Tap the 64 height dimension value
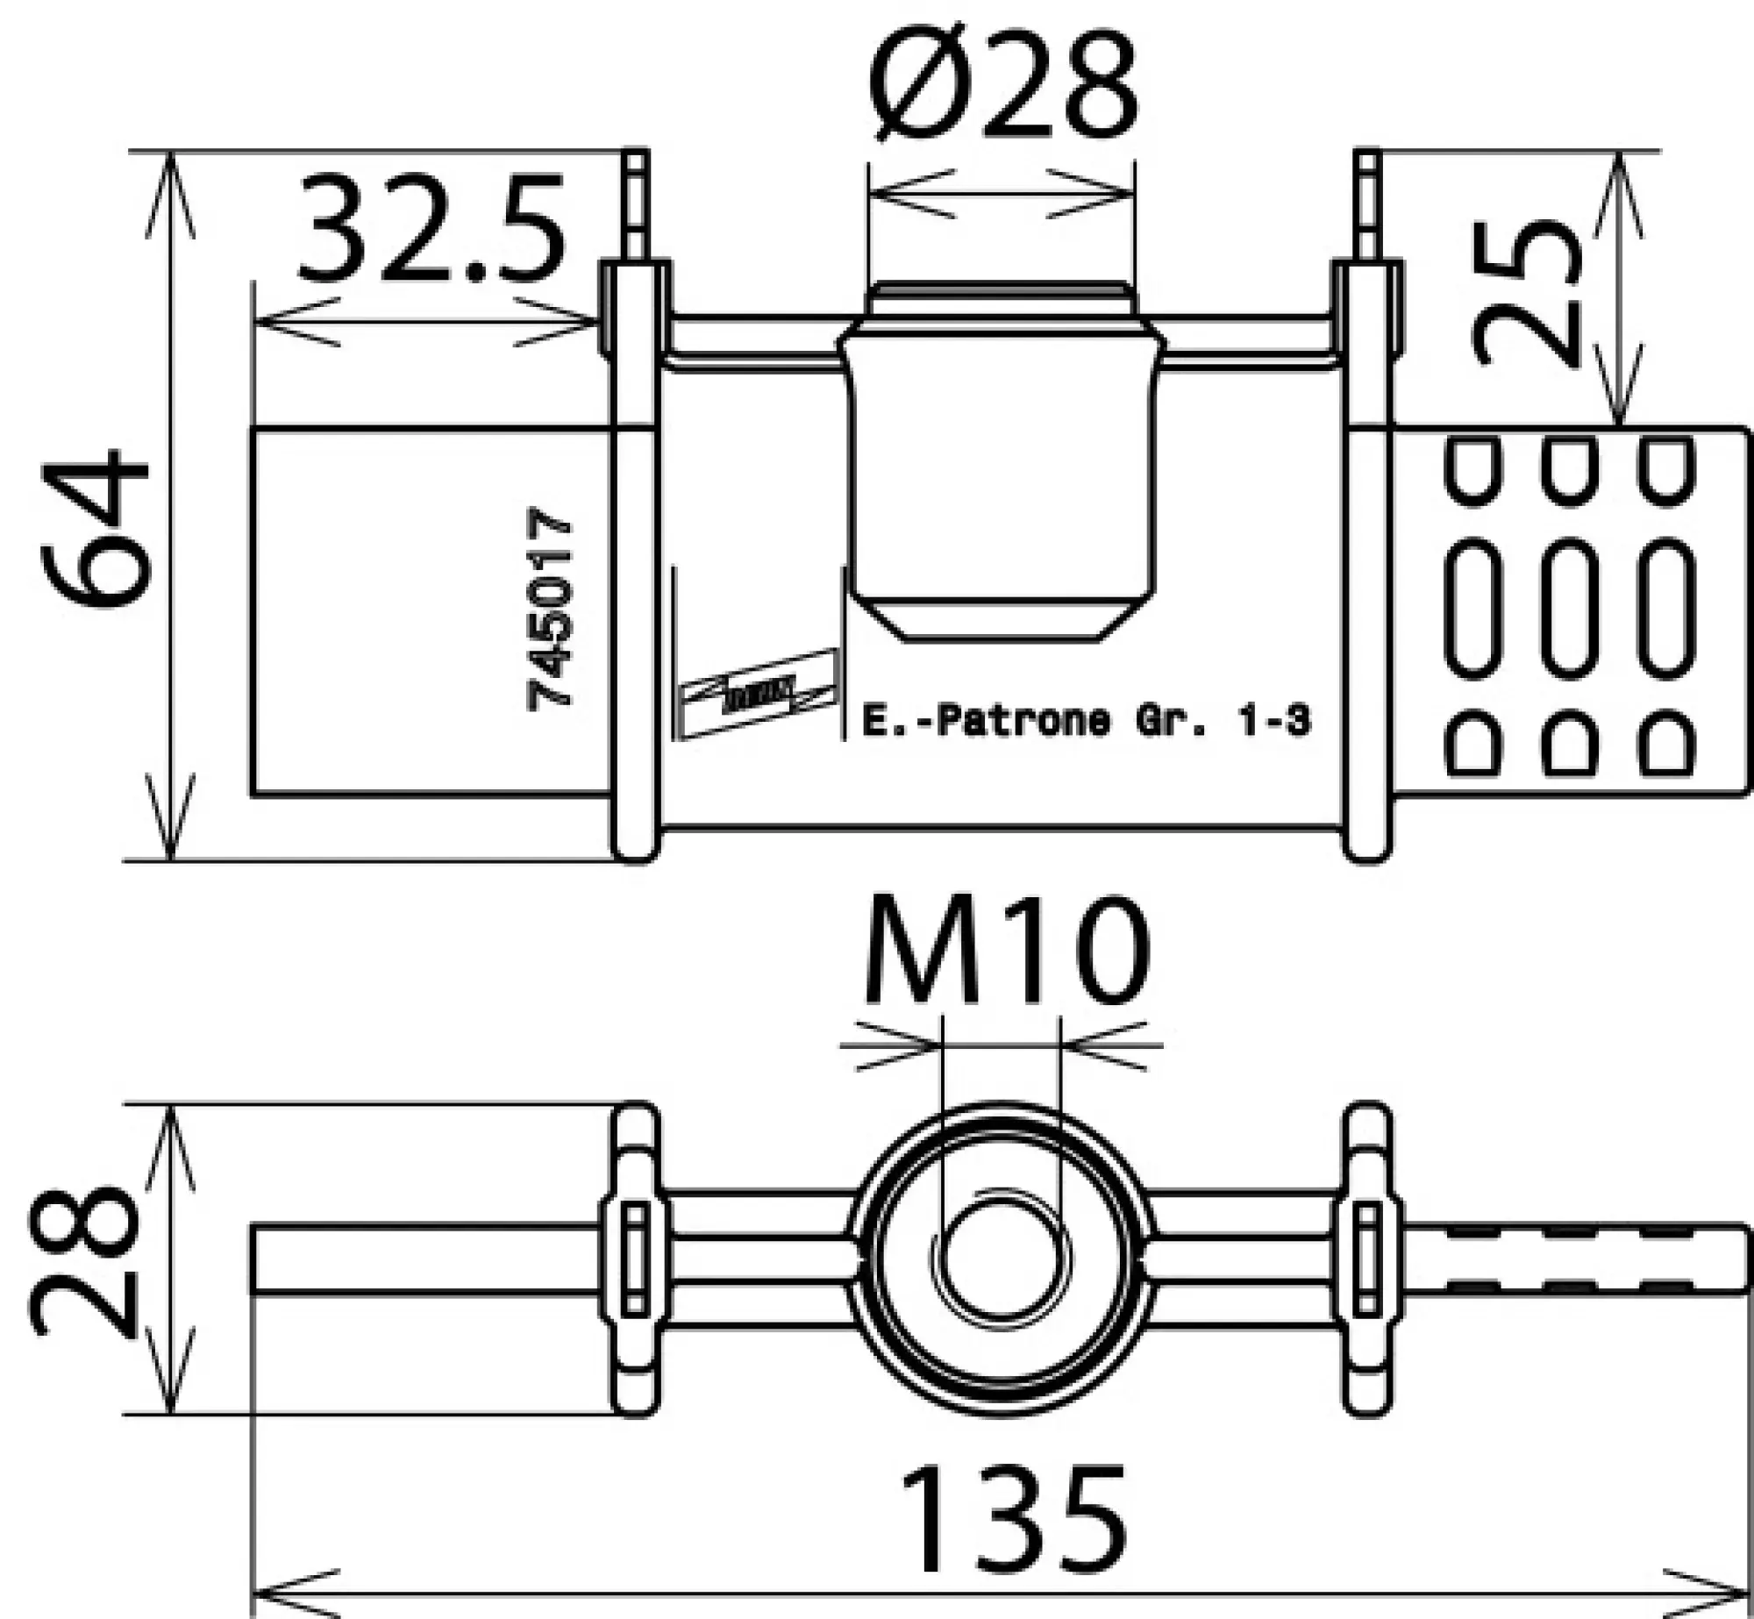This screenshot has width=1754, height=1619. click(95, 530)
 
